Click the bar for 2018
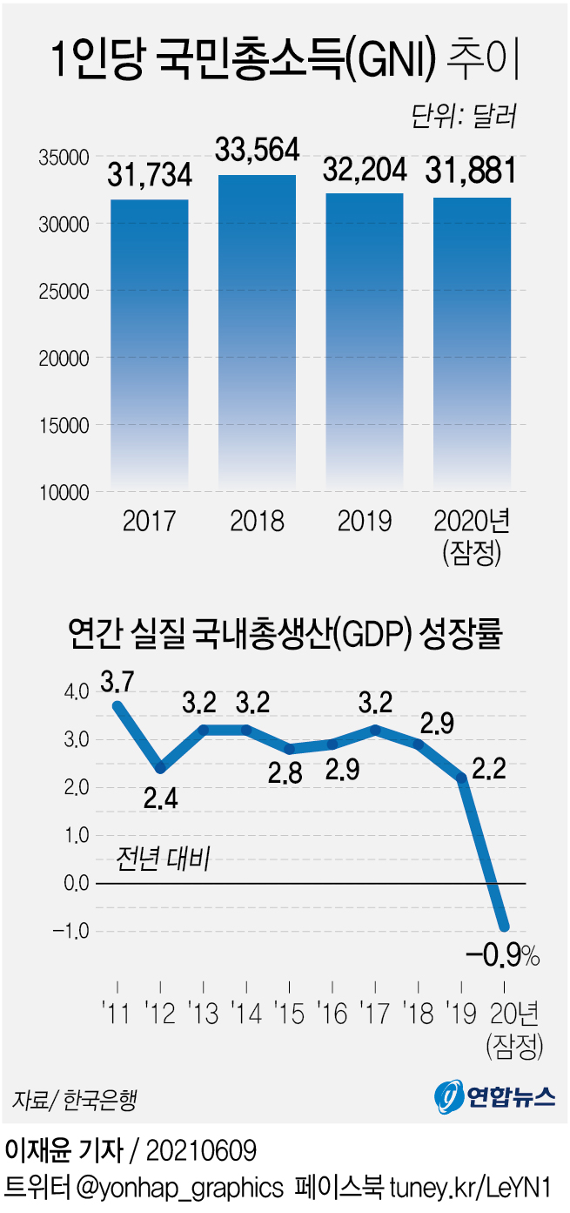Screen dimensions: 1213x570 click(x=257, y=331)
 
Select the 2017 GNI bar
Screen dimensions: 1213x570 click(x=150, y=344)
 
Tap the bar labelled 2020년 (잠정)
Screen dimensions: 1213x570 click(x=473, y=344)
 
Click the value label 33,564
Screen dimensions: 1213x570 click(x=257, y=150)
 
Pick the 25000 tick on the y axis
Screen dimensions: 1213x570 click(x=65, y=291)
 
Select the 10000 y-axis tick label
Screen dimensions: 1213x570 click(x=65, y=493)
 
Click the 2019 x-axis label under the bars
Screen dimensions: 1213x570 click(x=365, y=522)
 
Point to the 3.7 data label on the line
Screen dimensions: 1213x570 click(x=118, y=679)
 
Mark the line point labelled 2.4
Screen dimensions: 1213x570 click(x=160, y=768)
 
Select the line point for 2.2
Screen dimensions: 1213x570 click(x=462, y=777)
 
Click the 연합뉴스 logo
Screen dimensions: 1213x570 click(x=494, y=1095)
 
